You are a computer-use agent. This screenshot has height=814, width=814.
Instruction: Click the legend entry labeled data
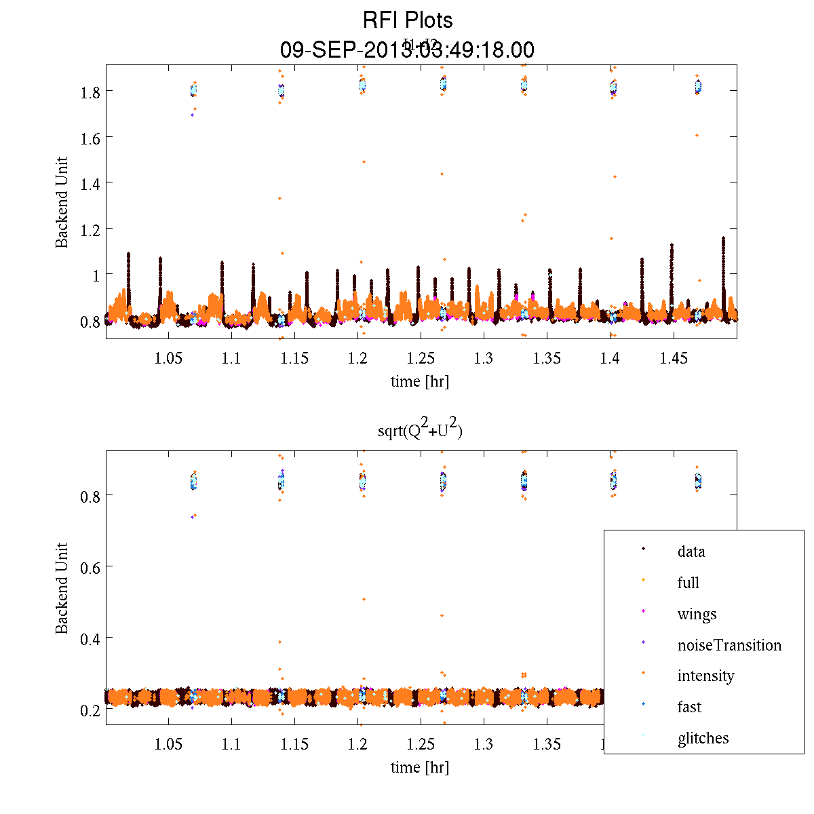[x=691, y=551]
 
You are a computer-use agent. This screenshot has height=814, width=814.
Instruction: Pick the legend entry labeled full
[x=688, y=583]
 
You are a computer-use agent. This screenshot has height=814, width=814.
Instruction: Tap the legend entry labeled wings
[x=697, y=614]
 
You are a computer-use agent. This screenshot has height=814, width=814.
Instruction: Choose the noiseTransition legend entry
[x=729, y=645]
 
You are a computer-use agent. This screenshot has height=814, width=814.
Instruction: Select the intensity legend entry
[x=705, y=676]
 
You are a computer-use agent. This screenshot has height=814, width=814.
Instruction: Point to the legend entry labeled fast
[x=689, y=707]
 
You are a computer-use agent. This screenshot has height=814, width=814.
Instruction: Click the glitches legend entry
[x=703, y=738]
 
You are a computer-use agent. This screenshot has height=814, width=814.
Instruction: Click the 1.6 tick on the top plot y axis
[x=91, y=138]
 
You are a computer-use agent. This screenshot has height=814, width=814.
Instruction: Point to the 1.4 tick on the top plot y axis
[x=91, y=183]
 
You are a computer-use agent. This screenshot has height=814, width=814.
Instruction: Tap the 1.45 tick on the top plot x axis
[x=674, y=358]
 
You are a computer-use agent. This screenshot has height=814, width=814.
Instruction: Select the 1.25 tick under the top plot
[x=421, y=358]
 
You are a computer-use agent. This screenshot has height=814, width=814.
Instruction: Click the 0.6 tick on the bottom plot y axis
[x=91, y=567]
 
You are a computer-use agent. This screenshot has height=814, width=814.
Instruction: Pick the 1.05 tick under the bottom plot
[x=168, y=745]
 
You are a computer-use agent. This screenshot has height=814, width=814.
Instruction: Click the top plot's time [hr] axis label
[x=419, y=381]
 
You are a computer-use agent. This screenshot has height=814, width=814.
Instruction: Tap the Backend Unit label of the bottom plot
[x=62, y=588]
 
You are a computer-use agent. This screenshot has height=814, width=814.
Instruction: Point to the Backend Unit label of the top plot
[x=62, y=202]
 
